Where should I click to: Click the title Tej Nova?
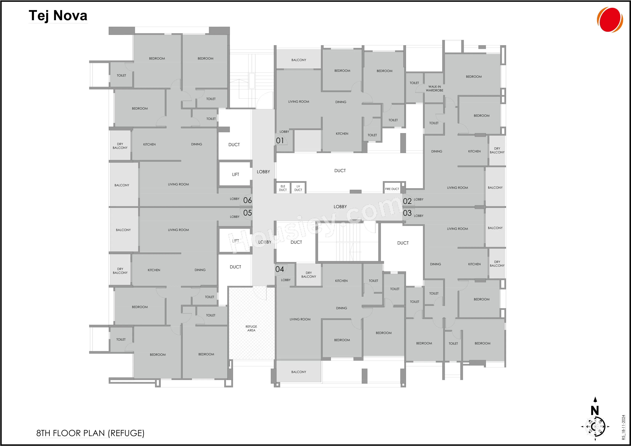pos(58,15)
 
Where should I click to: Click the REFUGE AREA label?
pos(251,328)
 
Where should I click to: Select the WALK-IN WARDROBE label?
pos(435,88)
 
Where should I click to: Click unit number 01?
pos(280,141)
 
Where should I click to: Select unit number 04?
pos(280,269)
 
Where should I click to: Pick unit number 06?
pos(247,200)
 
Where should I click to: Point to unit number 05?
pos(247,213)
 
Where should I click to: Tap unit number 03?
pos(407,213)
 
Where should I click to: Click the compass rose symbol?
pos(595,427)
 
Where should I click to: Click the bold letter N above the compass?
pos(595,411)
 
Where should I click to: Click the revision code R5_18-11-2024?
pos(623,427)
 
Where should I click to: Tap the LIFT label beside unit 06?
pos(236,174)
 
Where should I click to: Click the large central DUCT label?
pos(340,171)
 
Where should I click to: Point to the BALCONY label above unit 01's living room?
pos(299,60)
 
